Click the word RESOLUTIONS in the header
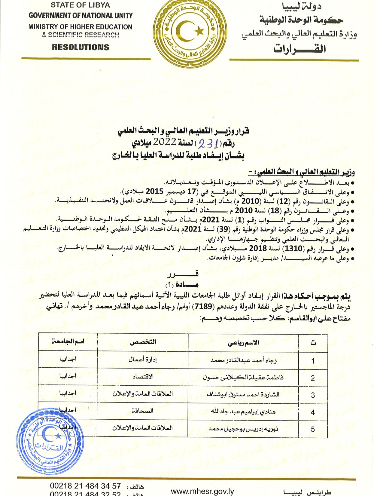click(81, 47)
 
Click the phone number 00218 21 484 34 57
click(85, 486)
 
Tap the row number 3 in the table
click(313, 395)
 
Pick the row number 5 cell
click(313, 429)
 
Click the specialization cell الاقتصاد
click(143, 377)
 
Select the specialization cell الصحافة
click(143, 411)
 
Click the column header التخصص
click(143, 342)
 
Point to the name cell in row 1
click(243, 360)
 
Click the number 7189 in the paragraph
click(202, 307)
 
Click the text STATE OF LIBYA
click(80, 5)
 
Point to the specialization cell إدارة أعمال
click(143, 359)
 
